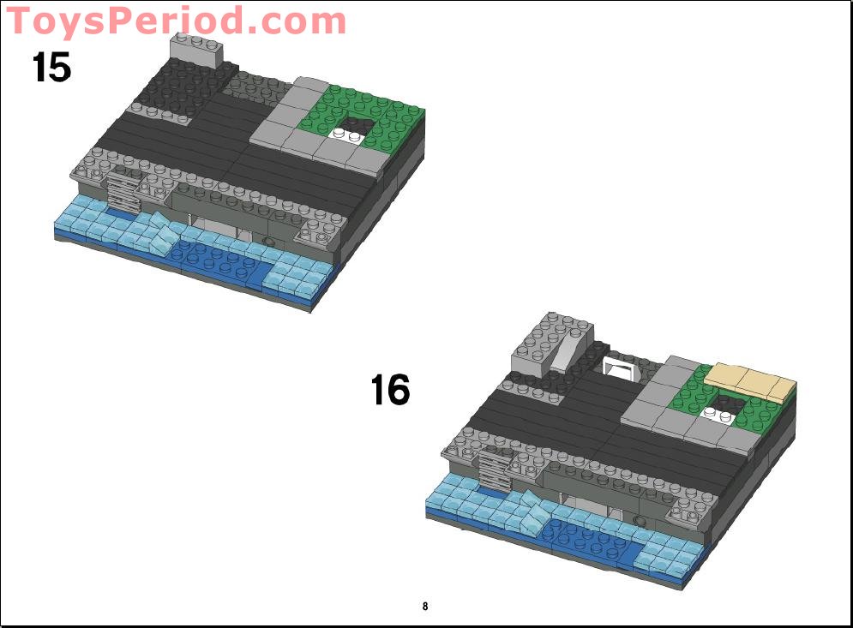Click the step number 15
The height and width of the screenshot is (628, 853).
tap(51, 67)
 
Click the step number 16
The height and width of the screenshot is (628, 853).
tap(390, 391)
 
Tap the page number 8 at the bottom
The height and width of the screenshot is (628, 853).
tap(425, 607)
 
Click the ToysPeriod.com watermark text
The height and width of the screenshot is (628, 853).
tap(177, 21)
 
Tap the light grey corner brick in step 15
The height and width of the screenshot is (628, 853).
tap(196, 49)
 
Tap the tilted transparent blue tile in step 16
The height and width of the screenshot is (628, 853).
tap(535, 513)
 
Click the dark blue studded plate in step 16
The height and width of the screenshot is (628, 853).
tap(592, 541)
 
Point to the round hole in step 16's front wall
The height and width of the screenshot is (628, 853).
tap(640, 520)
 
